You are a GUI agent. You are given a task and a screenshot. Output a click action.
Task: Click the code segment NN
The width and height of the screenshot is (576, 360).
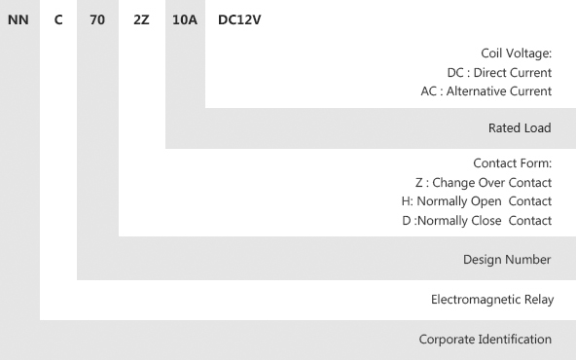[18, 19]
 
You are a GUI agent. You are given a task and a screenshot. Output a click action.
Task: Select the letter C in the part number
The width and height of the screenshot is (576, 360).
[58, 19]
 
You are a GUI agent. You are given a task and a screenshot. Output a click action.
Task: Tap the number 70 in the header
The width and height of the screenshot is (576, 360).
[97, 19]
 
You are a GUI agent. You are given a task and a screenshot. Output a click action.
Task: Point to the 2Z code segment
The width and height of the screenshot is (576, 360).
[141, 19]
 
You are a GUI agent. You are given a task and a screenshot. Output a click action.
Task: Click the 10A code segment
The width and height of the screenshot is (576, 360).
[185, 19]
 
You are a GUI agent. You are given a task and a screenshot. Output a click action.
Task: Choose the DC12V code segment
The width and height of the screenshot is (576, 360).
[239, 19]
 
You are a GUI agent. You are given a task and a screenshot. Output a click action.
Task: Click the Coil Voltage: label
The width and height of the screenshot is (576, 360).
[516, 54]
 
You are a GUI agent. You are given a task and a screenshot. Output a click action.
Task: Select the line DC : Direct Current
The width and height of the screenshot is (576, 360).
[499, 73]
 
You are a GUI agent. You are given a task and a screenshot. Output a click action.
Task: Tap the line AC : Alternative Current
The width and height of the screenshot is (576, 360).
[486, 91]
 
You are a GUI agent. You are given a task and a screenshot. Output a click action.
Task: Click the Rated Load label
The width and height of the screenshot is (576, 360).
[520, 127]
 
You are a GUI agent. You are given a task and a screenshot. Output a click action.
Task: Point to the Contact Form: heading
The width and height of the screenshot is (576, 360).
[513, 163]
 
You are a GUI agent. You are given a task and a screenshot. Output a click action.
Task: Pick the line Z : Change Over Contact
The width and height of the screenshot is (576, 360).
[484, 183]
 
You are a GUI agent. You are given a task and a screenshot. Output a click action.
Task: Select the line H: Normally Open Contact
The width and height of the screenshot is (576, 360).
[477, 201]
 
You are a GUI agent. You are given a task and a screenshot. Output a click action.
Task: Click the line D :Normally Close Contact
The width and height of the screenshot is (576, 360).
[477, 221]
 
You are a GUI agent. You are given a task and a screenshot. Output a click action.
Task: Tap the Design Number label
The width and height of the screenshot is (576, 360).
[507, 260]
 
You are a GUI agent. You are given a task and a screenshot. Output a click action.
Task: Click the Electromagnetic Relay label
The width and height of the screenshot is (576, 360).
[492, 300]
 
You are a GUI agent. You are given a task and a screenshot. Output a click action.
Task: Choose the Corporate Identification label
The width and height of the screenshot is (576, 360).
[485, 339]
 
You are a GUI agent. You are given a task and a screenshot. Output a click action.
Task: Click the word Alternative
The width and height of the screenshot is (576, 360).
[474, 91]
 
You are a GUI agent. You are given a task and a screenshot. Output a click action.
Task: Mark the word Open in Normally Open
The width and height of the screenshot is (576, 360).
[486, 201]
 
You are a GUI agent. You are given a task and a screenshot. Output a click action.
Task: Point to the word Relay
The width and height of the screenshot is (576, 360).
[539, 300]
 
